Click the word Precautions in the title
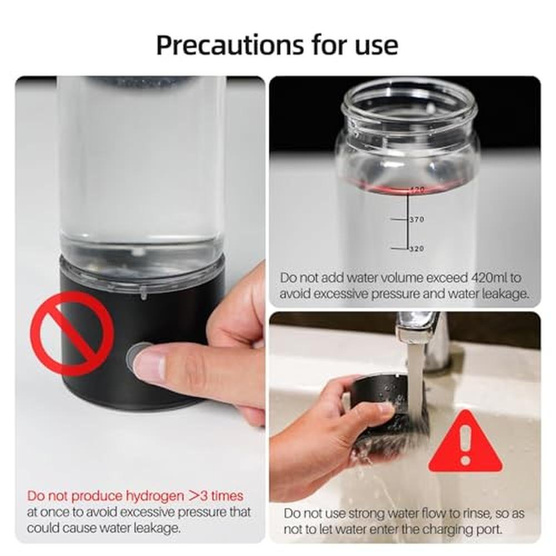click(230, 45)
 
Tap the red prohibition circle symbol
click(72, 334)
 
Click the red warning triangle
click(465, 441)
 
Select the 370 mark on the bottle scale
click(416, 220)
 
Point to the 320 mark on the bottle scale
click(416, 249)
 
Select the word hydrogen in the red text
click(155, 496)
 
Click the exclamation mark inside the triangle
click(465, 445)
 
